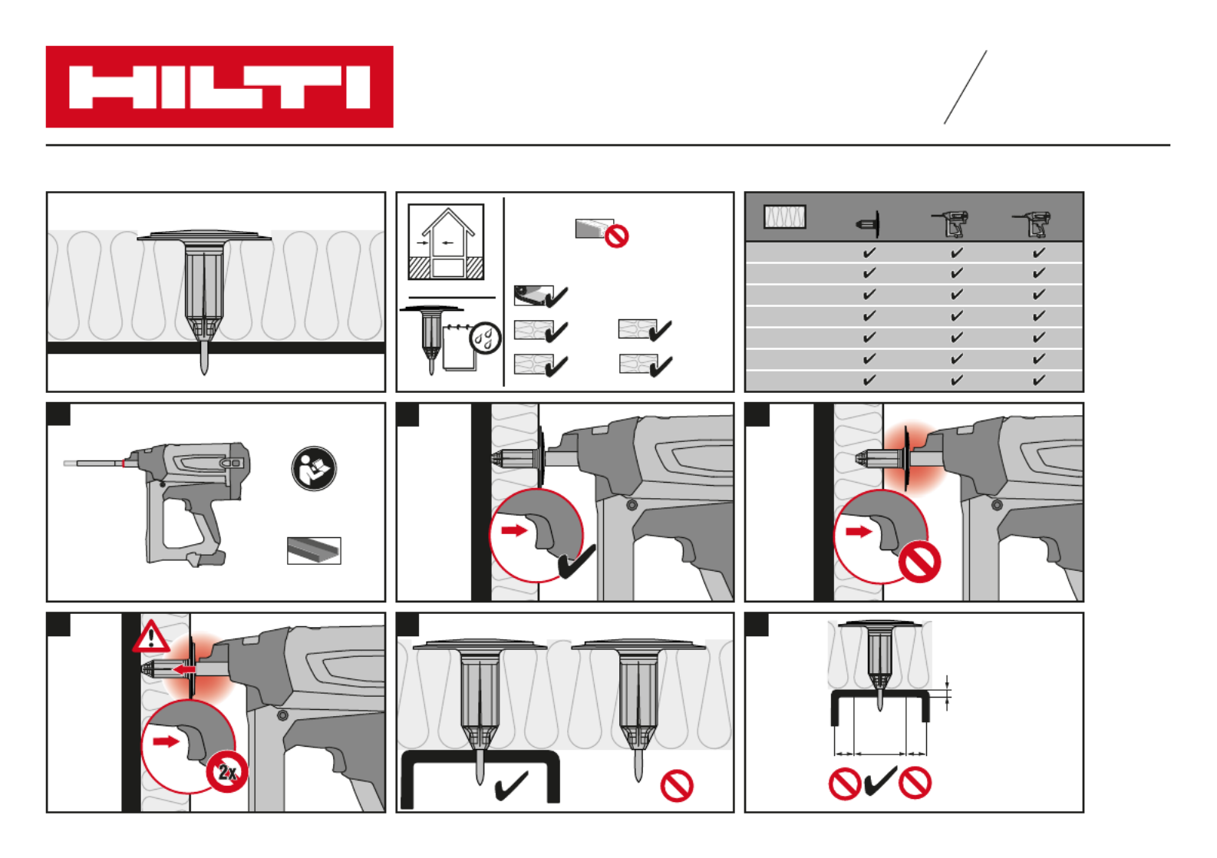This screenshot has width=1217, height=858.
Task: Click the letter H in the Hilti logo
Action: (109, 87)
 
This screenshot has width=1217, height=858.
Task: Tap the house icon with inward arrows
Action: (446, 242)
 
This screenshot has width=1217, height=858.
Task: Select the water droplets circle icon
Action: (485, 338)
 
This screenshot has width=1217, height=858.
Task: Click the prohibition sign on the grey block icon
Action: (616, 236)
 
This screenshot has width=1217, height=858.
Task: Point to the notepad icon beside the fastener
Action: (460, 348)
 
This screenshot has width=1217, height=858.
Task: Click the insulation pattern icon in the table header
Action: (784, 217)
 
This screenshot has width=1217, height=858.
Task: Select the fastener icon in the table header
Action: (868, 223)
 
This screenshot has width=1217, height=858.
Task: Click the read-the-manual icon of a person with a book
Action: (314, 468)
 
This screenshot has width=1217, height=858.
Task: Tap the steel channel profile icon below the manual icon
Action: (314, 551)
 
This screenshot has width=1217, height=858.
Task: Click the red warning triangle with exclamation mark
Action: (151, 636)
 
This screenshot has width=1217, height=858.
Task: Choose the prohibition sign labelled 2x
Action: (227, 771)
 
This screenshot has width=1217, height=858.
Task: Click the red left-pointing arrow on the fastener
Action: (183, 669)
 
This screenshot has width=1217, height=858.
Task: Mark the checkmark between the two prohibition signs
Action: (880, 781)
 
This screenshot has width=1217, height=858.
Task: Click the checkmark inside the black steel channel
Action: (511, 786)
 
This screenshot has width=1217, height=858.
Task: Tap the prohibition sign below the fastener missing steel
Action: (677, 786)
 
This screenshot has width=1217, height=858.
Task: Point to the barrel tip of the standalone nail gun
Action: (66, 464)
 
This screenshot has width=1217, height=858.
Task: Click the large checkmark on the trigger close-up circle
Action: (577, 562)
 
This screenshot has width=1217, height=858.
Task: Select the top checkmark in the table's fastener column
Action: (869, 252)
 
